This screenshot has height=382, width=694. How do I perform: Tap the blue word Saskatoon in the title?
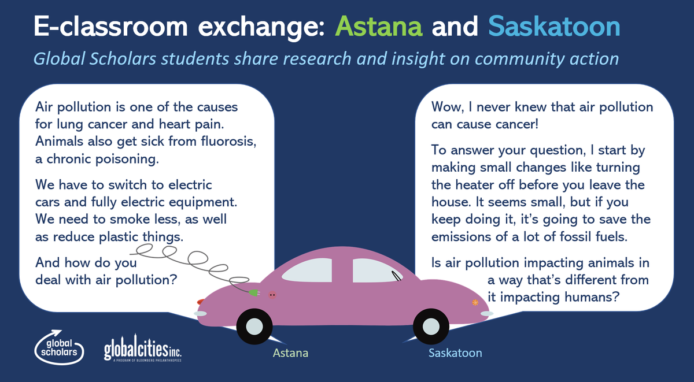pyautogui.click(x=554, y=27)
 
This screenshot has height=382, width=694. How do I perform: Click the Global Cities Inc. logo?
pyautogui.click(x=143, y=351)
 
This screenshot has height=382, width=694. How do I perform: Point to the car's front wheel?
pyautogui.click(x=431, y=327)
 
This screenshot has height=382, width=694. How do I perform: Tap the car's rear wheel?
pyautogui.click(x=254, y=327)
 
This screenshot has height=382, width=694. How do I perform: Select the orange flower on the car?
pyautogui.click(x=475, y=302)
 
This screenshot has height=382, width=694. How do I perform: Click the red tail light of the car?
pyautogui.click(x=200, y=302)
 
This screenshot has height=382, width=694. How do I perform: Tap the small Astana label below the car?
pyautogui.click(x=290, y=353)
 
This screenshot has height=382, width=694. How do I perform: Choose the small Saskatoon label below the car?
pyautogui.click(x=455, y=353)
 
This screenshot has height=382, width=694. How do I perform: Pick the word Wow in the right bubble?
pyautogui.click(x=446, y=107)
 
